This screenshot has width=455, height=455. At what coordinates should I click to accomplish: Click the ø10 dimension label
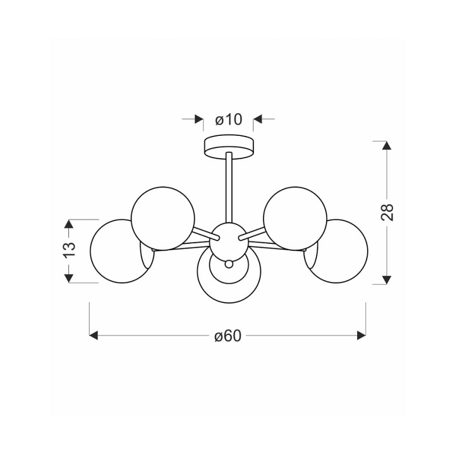pyautogui.click(x=228, y=119)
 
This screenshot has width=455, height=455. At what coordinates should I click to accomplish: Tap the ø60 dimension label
pyautogui.click(x=227, y=336)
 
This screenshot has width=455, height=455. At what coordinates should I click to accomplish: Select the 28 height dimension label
pyautogui.click(x=387, y=212)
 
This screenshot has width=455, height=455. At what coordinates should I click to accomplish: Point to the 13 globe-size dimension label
pyautogui.click(x=70, y=249)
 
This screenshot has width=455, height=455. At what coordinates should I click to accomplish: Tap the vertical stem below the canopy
pyautogui.click(x=229, y=188)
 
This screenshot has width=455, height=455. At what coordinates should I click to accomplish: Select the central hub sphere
pyautogui.click(x=229, y=242)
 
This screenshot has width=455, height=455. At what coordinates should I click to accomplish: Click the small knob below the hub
pyautogui.click(x=229, y=264)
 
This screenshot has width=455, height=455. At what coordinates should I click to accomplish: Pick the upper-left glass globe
pyautogui.click(x=163, y=218)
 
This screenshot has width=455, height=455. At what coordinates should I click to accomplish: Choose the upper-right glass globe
pyautogui.click(x=295, y=218)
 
